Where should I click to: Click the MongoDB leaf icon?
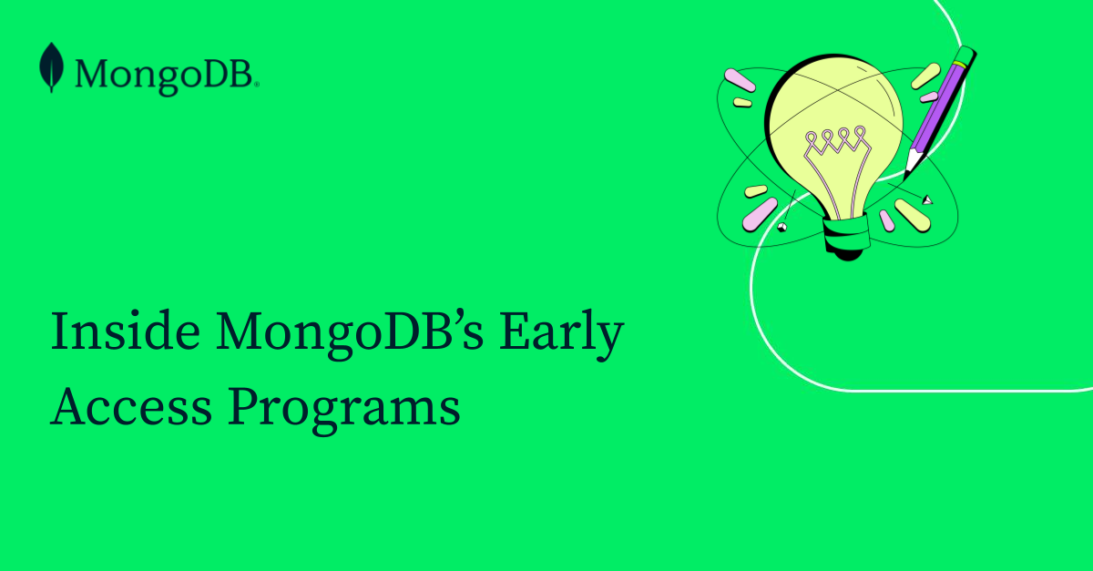pos(51,68)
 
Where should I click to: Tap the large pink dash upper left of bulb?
pos(739,80)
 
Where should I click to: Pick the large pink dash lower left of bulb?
pos(760,213)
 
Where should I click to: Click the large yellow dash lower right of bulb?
pos(911,214)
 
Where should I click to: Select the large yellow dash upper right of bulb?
pos(925,76)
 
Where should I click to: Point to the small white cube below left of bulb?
pos(781,226)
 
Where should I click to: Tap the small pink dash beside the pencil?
pos(929,97)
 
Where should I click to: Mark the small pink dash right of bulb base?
pos(886,219)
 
